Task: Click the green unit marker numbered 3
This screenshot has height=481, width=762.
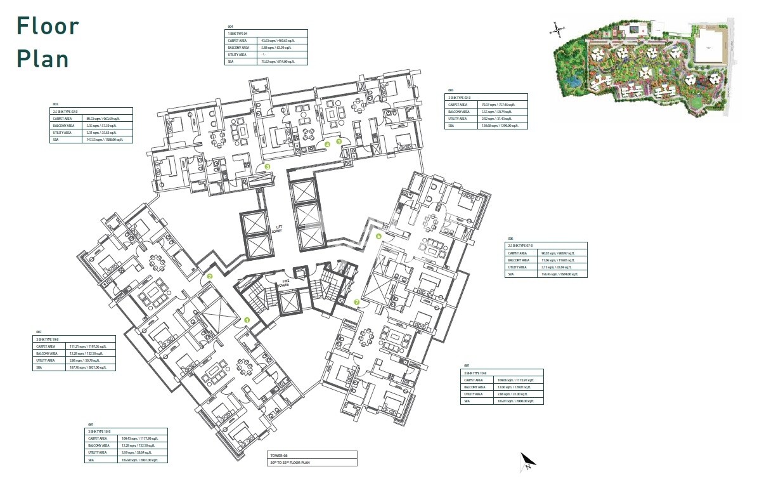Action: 268,167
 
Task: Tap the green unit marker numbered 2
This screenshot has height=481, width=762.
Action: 210,277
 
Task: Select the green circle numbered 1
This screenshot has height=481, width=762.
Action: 248,321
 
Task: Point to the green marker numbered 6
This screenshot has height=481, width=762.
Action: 378,236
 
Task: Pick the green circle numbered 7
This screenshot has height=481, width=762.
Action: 357,302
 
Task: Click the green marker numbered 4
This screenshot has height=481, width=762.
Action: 328,144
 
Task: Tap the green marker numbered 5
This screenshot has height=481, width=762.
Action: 339,141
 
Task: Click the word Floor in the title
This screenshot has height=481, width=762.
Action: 48,26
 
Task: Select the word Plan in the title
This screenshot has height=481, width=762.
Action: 43,58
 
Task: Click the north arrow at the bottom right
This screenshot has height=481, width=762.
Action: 527,461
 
